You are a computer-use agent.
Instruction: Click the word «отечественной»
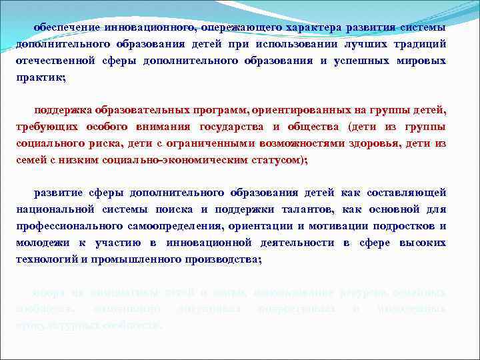pyautogui.click(x=56, y=61)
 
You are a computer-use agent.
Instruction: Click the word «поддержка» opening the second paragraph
pyautogui.click(x=63, y=109)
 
